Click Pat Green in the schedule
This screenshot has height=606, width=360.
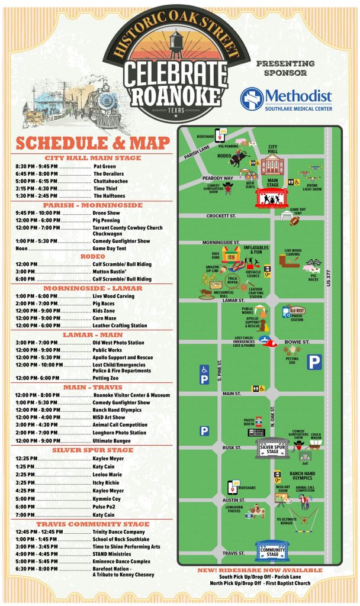click(x=105, y=166)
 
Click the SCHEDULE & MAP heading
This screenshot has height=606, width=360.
click(x=93, y=143)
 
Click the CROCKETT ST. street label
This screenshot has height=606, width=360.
click(x=221, y=216)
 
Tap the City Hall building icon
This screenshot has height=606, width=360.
click(x=273, y=166)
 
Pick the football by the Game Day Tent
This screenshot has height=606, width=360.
click(x=294, y=221)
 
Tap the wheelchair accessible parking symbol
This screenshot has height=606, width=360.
click(x=204, y=375)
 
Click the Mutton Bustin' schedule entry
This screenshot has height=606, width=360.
click(x=108, y=272)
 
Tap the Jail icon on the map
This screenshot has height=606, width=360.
click(x=306, y=456)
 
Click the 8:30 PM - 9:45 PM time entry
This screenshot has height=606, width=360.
click(x=37, y=166)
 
